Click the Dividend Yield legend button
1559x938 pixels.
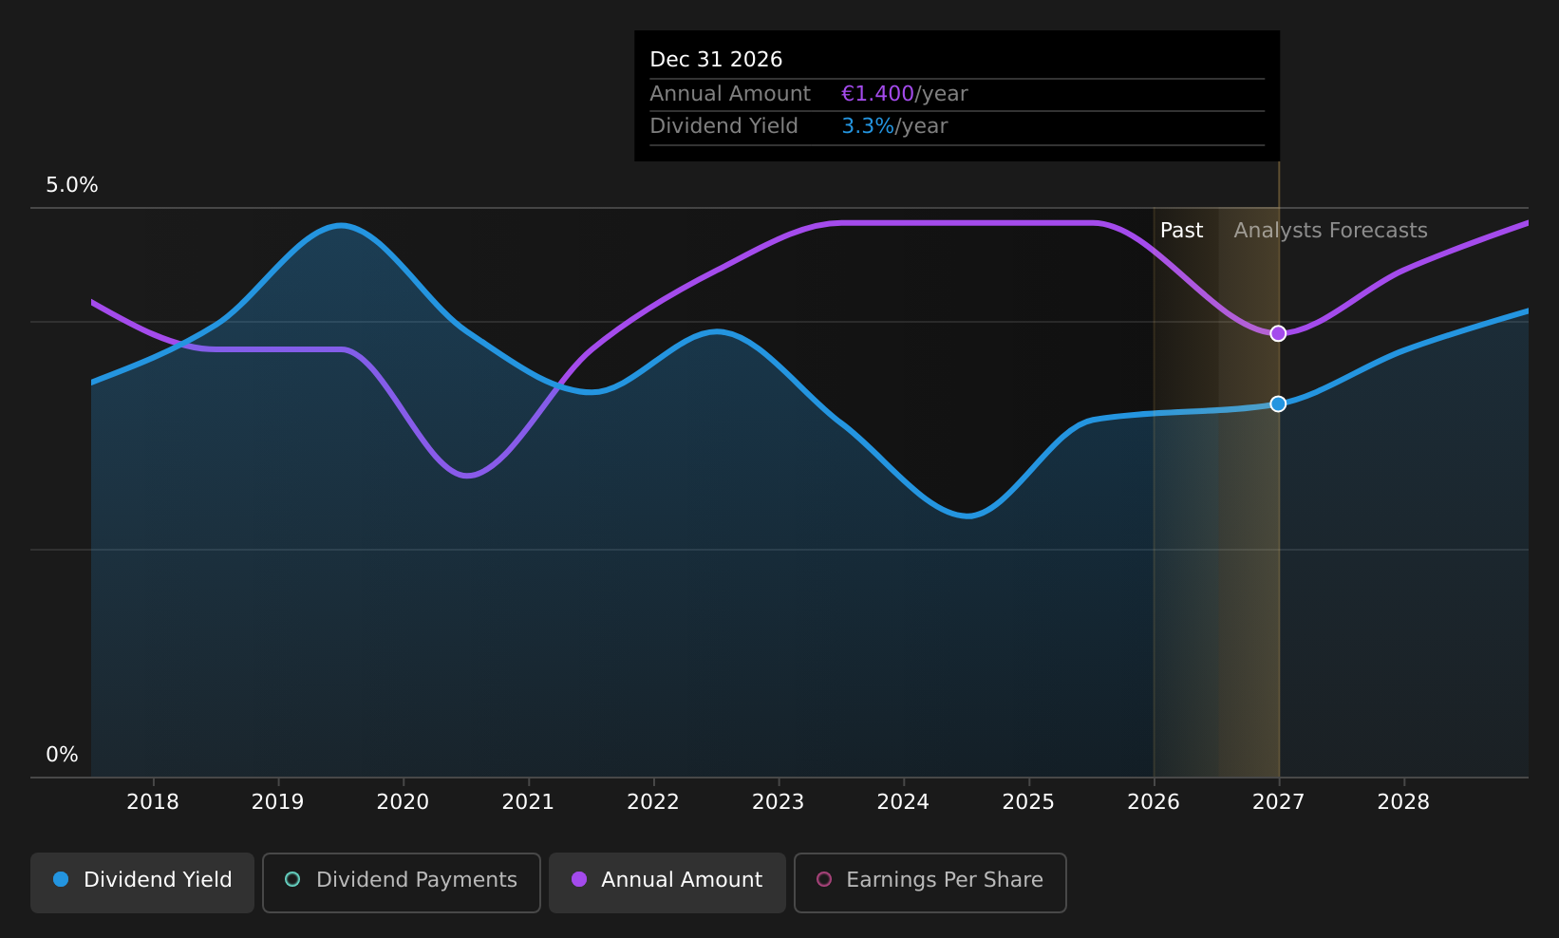point(142,882)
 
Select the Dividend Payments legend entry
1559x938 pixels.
point(402,882)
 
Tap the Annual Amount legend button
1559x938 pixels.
point(667,882)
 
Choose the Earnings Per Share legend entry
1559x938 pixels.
point(930,882)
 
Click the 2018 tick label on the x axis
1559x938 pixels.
point(153,802)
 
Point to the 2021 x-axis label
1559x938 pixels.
point(528,802)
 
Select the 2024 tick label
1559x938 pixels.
point(903,802)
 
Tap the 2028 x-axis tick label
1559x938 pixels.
point(1404,802)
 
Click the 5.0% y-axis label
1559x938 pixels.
point(72,185)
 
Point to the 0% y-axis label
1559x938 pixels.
point(62,755)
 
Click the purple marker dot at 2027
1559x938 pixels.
point(1278,334)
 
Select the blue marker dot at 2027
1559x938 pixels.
point(1278,404)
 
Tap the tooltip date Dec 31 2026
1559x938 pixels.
point(716,60)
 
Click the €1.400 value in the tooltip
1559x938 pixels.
point(877,94)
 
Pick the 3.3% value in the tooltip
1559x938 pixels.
point(868,126)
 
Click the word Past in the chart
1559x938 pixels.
point(1182,231)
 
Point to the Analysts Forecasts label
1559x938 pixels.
point(1331,231)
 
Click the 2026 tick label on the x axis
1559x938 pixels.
point(1154,802)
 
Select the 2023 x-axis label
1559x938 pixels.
point(779,802)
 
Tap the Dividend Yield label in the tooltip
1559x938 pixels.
point(723,126)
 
